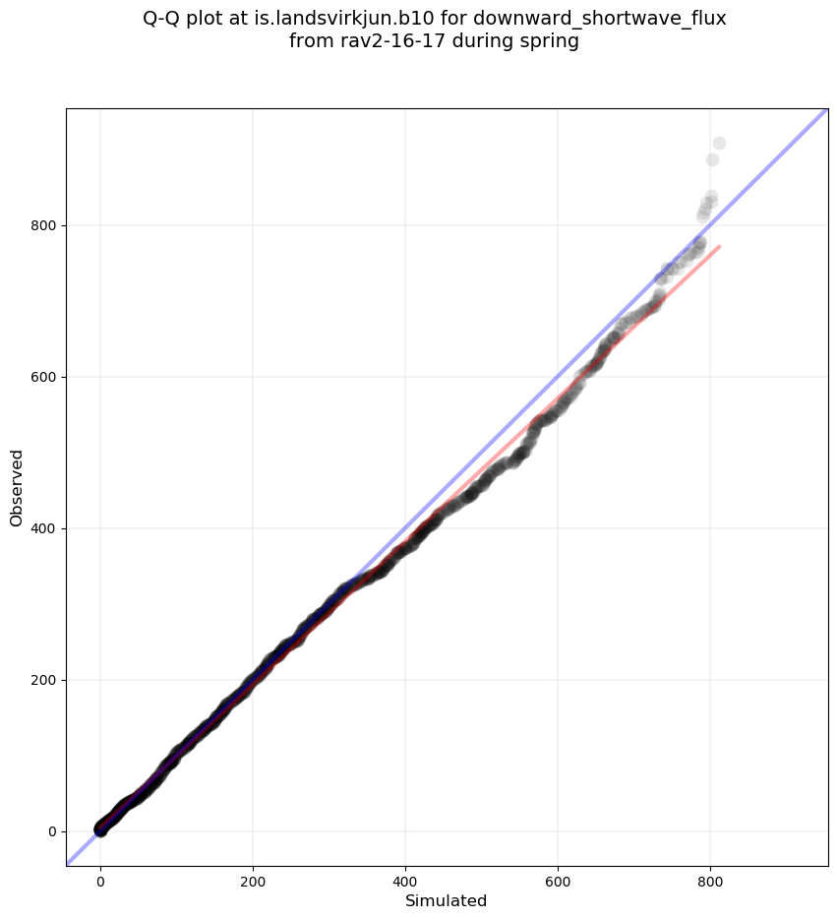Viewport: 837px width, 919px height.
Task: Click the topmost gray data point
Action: (x=719, y=144)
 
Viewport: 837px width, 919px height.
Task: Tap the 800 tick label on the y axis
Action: (x=42, y=225)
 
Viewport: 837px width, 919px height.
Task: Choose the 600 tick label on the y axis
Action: (x=42, y=377)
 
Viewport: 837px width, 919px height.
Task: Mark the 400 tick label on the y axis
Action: (x=42, y=528)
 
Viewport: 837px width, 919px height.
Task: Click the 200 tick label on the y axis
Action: (x=42, y=680)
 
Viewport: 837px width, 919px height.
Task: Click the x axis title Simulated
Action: (x=447, y=900)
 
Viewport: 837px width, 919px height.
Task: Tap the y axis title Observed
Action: (x=17, y=487)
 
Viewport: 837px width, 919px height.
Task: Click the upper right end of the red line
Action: (x=720, y=246)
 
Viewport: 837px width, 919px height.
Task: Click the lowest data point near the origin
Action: (x=100, y=830)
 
